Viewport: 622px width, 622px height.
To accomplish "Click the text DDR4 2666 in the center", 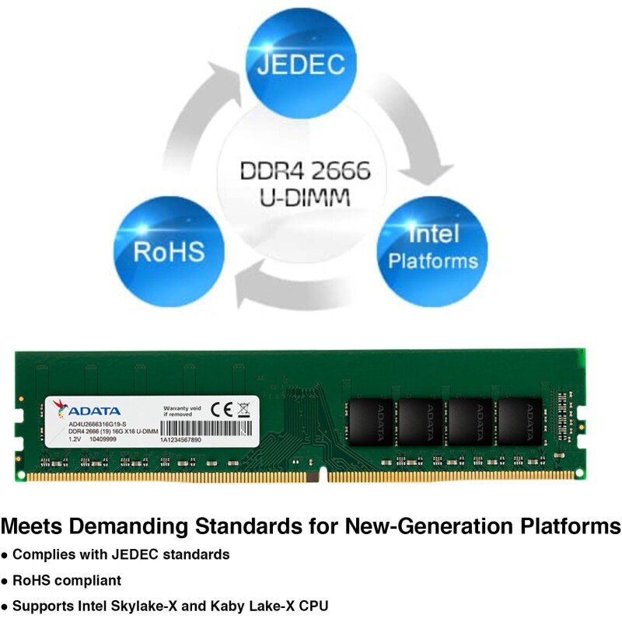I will click(306, 170).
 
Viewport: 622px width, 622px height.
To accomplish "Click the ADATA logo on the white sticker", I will click(92, 410).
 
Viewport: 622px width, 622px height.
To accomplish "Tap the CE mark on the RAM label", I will click(220, 408).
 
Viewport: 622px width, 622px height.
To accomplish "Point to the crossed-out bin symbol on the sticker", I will click(243, 408).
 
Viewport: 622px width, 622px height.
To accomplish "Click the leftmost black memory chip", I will click(372, 421).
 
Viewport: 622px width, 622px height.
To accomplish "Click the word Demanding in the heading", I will click(137, 526).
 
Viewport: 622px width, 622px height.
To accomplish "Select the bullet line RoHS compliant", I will click(67, 580).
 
